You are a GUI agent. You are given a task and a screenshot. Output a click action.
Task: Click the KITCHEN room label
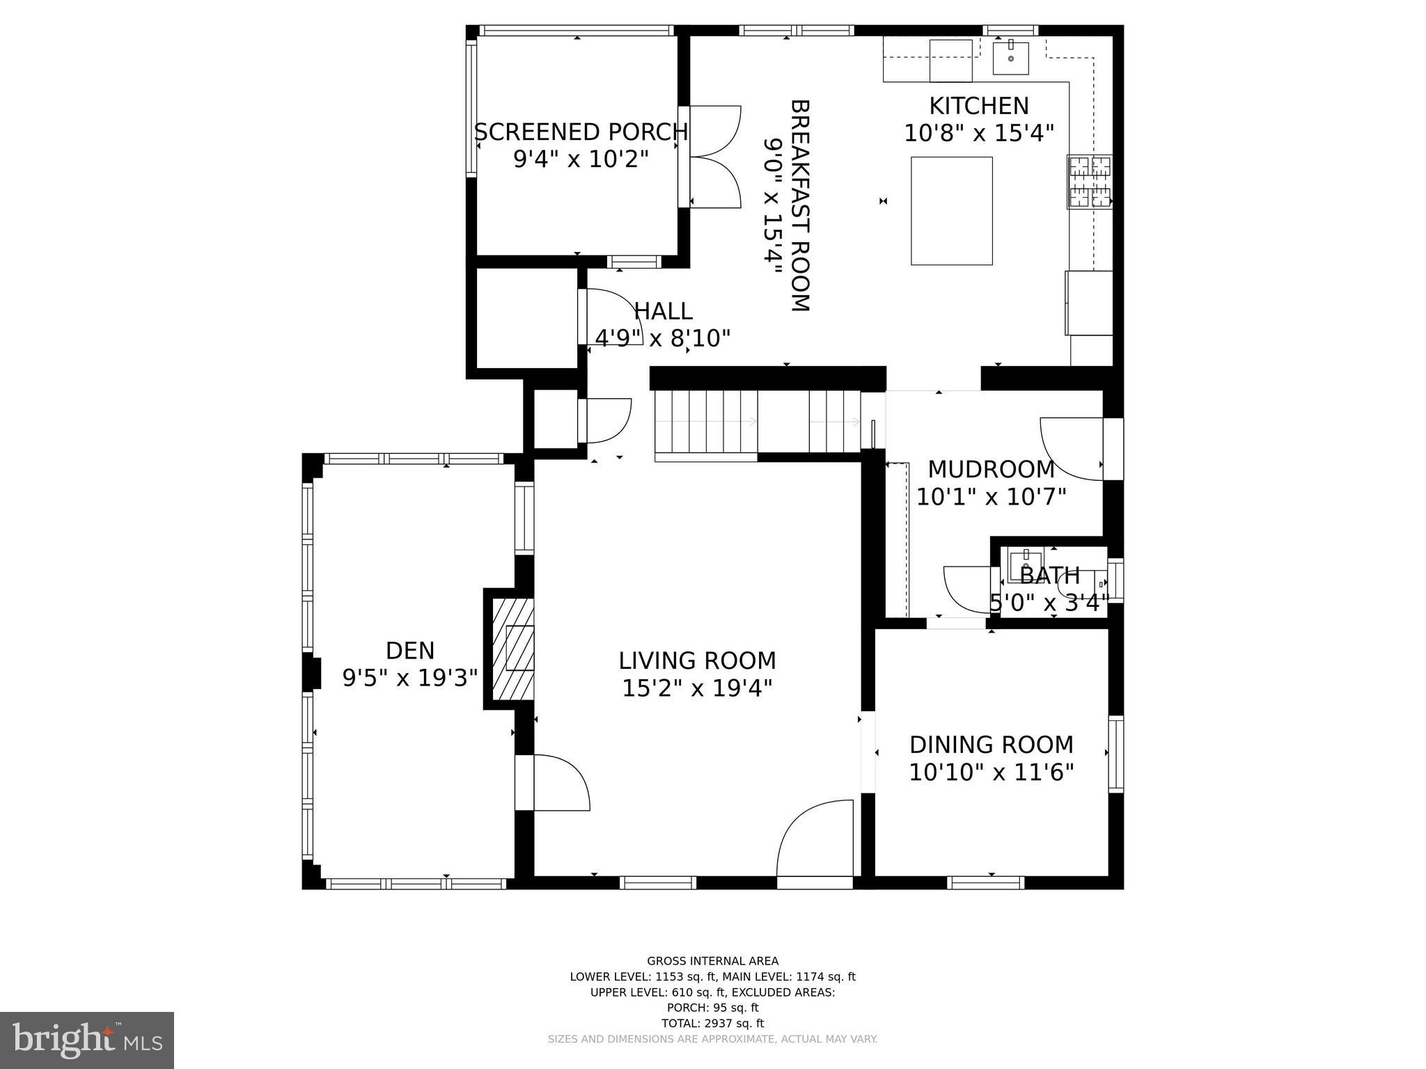[978, 106]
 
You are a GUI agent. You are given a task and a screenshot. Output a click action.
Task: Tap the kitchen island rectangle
[951, 211]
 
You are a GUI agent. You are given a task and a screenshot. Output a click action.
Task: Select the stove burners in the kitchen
[1090, 182]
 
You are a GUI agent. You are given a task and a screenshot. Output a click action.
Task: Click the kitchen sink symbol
[1010, 57]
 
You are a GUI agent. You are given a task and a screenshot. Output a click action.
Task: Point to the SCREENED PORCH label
[581, 132]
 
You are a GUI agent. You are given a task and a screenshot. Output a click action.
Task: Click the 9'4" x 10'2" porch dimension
[581, 159]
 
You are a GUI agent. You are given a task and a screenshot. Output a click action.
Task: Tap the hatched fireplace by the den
[513, 649]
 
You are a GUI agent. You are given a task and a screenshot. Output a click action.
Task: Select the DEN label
[410, 651]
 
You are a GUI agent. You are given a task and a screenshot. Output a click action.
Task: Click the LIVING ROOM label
[697, 660]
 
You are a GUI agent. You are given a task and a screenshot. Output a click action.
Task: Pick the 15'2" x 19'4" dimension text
[697, 688]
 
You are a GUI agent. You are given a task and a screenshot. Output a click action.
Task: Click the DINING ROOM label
[991, 745]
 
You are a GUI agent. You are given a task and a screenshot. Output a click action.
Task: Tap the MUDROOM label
[991, 470]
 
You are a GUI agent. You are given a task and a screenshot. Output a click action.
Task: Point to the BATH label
[1049, 576]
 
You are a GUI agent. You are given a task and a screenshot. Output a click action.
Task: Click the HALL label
[663, 310]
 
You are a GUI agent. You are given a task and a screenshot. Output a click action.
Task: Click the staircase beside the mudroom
[758, 422]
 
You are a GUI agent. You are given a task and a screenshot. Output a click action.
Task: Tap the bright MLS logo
[87, 1040]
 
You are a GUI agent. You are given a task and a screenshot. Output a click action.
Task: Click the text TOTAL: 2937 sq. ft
[712, 1023]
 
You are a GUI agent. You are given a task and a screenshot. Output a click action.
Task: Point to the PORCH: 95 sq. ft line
[712, 1007]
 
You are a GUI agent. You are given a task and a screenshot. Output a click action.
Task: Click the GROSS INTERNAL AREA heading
[712, 961]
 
